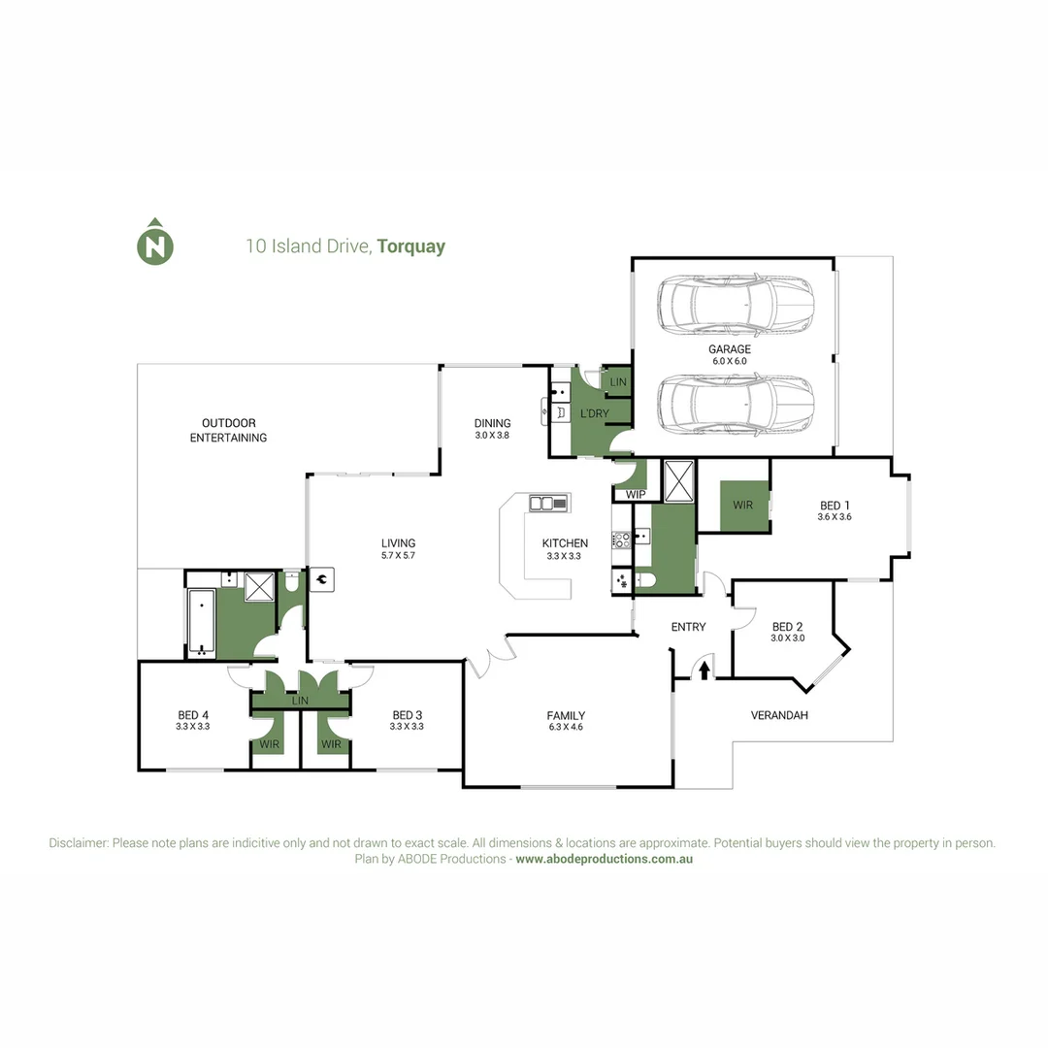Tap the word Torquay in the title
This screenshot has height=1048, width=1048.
click(x=411, y=246)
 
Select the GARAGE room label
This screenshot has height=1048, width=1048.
click(x=729, y=349)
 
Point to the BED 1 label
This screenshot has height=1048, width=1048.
click(x=835, y=506)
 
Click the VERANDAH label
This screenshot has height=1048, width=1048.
click(x=779, y=715)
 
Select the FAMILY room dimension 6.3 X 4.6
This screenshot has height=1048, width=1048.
click(x=566, y=727)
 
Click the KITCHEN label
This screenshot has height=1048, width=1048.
click(x=565, y=543)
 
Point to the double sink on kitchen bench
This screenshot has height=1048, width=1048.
click(x=547, y=503)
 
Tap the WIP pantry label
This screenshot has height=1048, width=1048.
click(x=636, y=495)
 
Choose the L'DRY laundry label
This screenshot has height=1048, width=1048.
click(x=594, y=415)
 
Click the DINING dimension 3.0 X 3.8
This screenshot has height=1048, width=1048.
click(x=492, y=436)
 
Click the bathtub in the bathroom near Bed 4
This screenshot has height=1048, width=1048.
click(x=200, y=622)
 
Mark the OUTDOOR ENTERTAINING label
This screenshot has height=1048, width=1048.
click(x=228, y=430)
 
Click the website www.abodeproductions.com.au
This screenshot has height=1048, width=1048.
click(x=604, y=859)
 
